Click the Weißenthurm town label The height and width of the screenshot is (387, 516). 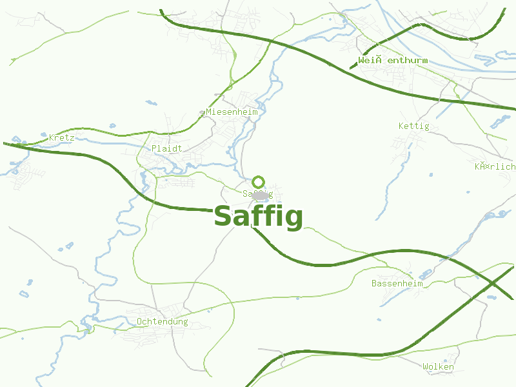tap(393, 61)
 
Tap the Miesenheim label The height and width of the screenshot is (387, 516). tap(232, 112)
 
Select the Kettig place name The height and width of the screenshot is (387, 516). tap(413, 126)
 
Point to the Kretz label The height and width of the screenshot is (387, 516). tap(62, 137)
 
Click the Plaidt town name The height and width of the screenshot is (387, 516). tap(166, 148)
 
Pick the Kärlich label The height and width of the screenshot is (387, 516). tap(495, 166)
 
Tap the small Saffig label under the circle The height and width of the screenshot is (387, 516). tap(258, 193)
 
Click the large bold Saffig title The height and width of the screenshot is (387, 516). tap(258, 217)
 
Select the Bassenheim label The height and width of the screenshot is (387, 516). tap(397, 283)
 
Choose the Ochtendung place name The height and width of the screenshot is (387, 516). tap(162, 321)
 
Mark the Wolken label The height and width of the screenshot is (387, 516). tap(438, 367)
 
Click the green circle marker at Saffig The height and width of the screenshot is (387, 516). tap(259, 182)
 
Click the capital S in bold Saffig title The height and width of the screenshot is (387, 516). tap(223, 216)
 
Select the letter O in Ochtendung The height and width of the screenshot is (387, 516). tap(139, 321)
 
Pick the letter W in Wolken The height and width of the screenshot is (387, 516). tap(426, 367)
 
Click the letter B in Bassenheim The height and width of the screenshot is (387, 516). tap(374, 283)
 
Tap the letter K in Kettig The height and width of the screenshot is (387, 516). tap(401, 126)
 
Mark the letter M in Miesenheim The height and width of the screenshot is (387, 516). tap(209, 112)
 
